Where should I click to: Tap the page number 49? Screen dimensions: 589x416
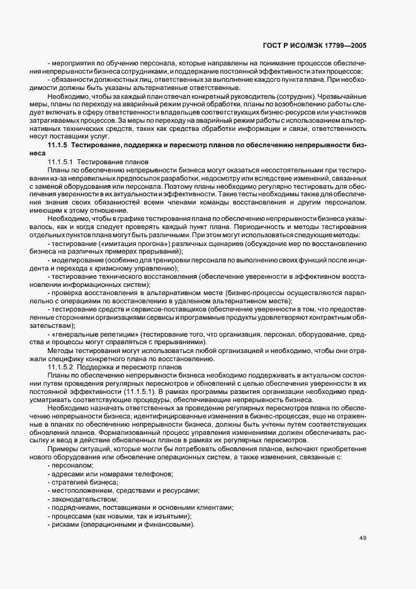[x=363, y=537]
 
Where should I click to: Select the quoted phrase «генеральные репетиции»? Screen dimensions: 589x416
[x=96, y=333]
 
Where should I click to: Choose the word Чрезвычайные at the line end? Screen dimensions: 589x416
[x=349, y=96]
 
